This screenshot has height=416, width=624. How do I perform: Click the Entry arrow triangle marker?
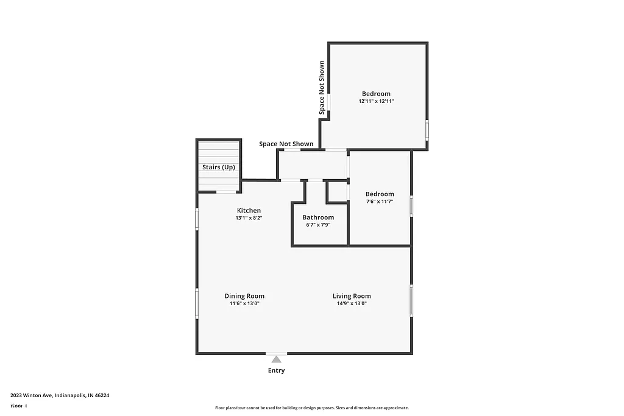[x=276, y=359]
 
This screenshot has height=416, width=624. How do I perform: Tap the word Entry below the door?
[x=276, y=370]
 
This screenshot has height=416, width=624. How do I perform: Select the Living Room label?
[x=352, y=296]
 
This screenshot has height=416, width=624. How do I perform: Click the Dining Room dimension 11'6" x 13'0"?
[x=244, y=303]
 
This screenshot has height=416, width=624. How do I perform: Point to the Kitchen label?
[x=249, y=211]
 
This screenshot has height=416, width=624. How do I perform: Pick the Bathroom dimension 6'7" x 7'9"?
[x=318, y=225]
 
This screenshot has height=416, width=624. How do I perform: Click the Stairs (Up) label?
[x=218, y=167]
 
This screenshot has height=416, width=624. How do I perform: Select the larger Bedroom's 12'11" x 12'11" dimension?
[x=376, y=101]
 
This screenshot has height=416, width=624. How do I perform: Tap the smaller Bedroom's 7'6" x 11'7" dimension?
[x=380, y=201]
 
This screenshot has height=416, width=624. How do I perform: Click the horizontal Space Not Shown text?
[x=286, y=144]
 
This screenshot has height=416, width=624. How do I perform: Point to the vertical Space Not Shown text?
[x=321, y=88]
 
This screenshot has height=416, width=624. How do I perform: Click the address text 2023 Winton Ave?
[x=60, y=395]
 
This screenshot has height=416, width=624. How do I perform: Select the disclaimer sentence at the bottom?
[x=311, y=408]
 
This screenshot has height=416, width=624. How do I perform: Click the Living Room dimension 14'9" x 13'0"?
[x=352, y=303]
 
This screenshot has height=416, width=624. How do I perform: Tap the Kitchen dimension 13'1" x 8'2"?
[x=249, y=217]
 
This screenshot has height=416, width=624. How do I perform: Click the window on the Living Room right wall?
[x=411, y=301]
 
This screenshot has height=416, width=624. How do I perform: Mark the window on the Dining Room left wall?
[x=196, y=303]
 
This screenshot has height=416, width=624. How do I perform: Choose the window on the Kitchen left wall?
[x=196, y=219]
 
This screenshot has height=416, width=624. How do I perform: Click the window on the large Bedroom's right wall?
[x=427, y=130]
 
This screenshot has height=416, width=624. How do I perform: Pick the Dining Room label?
[x=244, y=296]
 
